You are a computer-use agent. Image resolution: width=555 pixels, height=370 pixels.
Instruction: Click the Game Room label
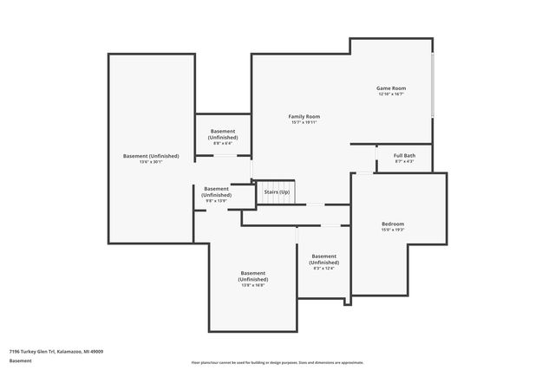(x=391, y=88)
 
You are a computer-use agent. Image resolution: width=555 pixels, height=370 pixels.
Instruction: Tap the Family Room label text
(x=304, y=116)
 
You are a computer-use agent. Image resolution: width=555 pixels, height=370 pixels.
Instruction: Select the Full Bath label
(x=404, y=156)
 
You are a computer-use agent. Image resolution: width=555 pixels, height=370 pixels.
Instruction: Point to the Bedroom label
(x=392, y=224)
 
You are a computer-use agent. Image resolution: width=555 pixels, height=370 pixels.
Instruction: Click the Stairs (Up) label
(x=277, y=191)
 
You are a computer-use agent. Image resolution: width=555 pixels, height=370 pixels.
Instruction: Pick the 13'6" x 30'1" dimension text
(x=151, y=162)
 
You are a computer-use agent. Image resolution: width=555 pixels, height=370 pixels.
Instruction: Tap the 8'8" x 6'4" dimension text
(x=223, y=143)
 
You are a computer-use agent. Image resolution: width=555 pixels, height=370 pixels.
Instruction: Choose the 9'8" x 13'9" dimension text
(x=217, y=201)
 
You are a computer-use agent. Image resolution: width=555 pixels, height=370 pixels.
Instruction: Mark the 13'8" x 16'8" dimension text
(x=253, y=285)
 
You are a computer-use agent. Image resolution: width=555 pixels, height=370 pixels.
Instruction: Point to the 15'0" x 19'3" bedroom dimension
(x=392, y=230)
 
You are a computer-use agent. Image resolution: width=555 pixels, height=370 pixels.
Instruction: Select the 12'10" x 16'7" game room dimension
(x=391, y=94)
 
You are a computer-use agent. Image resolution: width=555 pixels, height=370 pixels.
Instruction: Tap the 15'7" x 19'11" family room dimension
(x=304, y=122)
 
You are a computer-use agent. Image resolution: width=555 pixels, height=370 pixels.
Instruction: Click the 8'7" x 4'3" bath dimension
(x=404, y=162)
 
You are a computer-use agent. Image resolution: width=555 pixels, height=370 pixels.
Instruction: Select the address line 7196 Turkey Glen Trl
(x=56, y=352)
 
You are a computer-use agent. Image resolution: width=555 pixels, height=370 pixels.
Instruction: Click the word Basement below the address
(x=21, y=360)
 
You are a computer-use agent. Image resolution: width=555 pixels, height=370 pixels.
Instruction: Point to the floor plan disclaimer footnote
(x=277, y=362)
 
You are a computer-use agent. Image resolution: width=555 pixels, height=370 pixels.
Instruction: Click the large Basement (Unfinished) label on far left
(x=151, y=156)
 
